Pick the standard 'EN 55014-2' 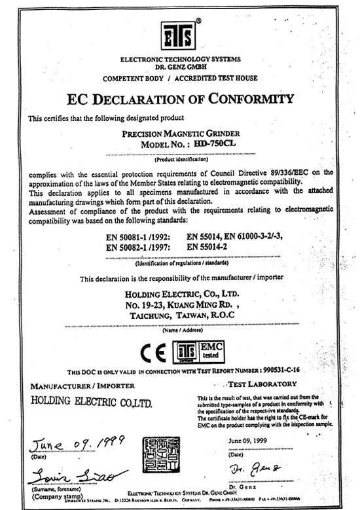click(x=209, y=247)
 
